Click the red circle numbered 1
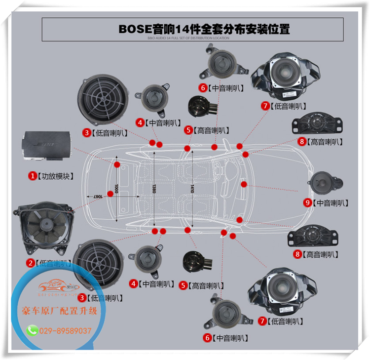(33, 176)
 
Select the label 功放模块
(56, 176)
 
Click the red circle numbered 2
(30, 263)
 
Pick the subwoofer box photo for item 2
(45, 230)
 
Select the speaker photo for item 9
(325, 182)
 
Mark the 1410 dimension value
(192, 189)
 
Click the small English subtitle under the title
(188, 37)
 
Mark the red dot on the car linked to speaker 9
(244, 185)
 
